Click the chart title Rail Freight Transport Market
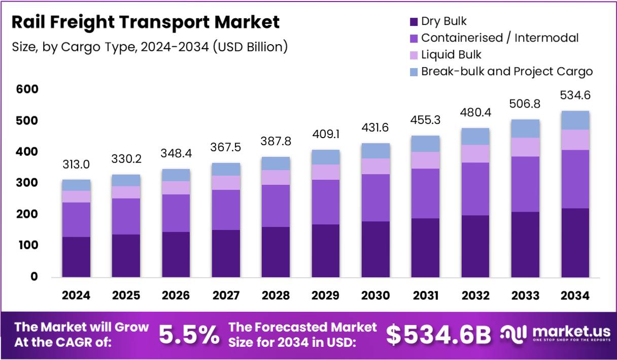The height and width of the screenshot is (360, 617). (x=145, y=22)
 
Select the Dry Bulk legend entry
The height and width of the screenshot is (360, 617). (x=443, y=21)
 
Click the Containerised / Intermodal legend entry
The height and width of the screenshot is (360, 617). (x=499, y=38)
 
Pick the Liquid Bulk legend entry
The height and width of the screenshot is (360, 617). (x=451, y=54)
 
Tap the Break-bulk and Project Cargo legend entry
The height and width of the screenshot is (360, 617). (x=506, y=71)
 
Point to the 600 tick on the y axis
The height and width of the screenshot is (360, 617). (x=27, y=89)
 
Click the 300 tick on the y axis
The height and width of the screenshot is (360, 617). (x=27, y=183)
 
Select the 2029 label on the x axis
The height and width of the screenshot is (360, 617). (x=326, y=296)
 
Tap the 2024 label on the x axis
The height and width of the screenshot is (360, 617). (x=76, y=296)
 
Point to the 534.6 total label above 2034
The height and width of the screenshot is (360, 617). (x=575, y=95)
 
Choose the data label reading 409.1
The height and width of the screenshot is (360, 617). (x=326, y=136)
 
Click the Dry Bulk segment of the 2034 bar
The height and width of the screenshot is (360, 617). (x=575, y=243)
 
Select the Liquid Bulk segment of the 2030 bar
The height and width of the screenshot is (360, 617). (x=375, y=166)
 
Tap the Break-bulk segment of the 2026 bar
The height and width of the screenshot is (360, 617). (x=176, y=175)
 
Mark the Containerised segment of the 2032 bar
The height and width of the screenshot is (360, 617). (x=475, y=189)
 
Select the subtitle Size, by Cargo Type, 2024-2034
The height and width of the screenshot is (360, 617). (x=150, y=47)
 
